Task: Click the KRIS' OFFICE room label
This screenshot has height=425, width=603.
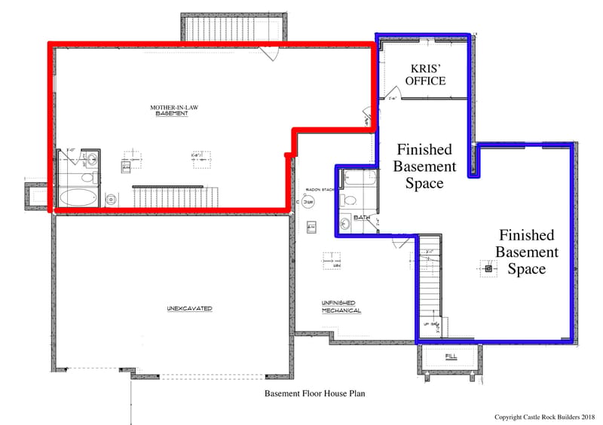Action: click(425, 75)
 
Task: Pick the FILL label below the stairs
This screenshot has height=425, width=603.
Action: click(451, 356)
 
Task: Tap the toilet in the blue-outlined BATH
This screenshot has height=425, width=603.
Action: click(348, 201)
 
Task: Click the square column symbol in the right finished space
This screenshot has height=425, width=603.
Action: click(488, 268)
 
